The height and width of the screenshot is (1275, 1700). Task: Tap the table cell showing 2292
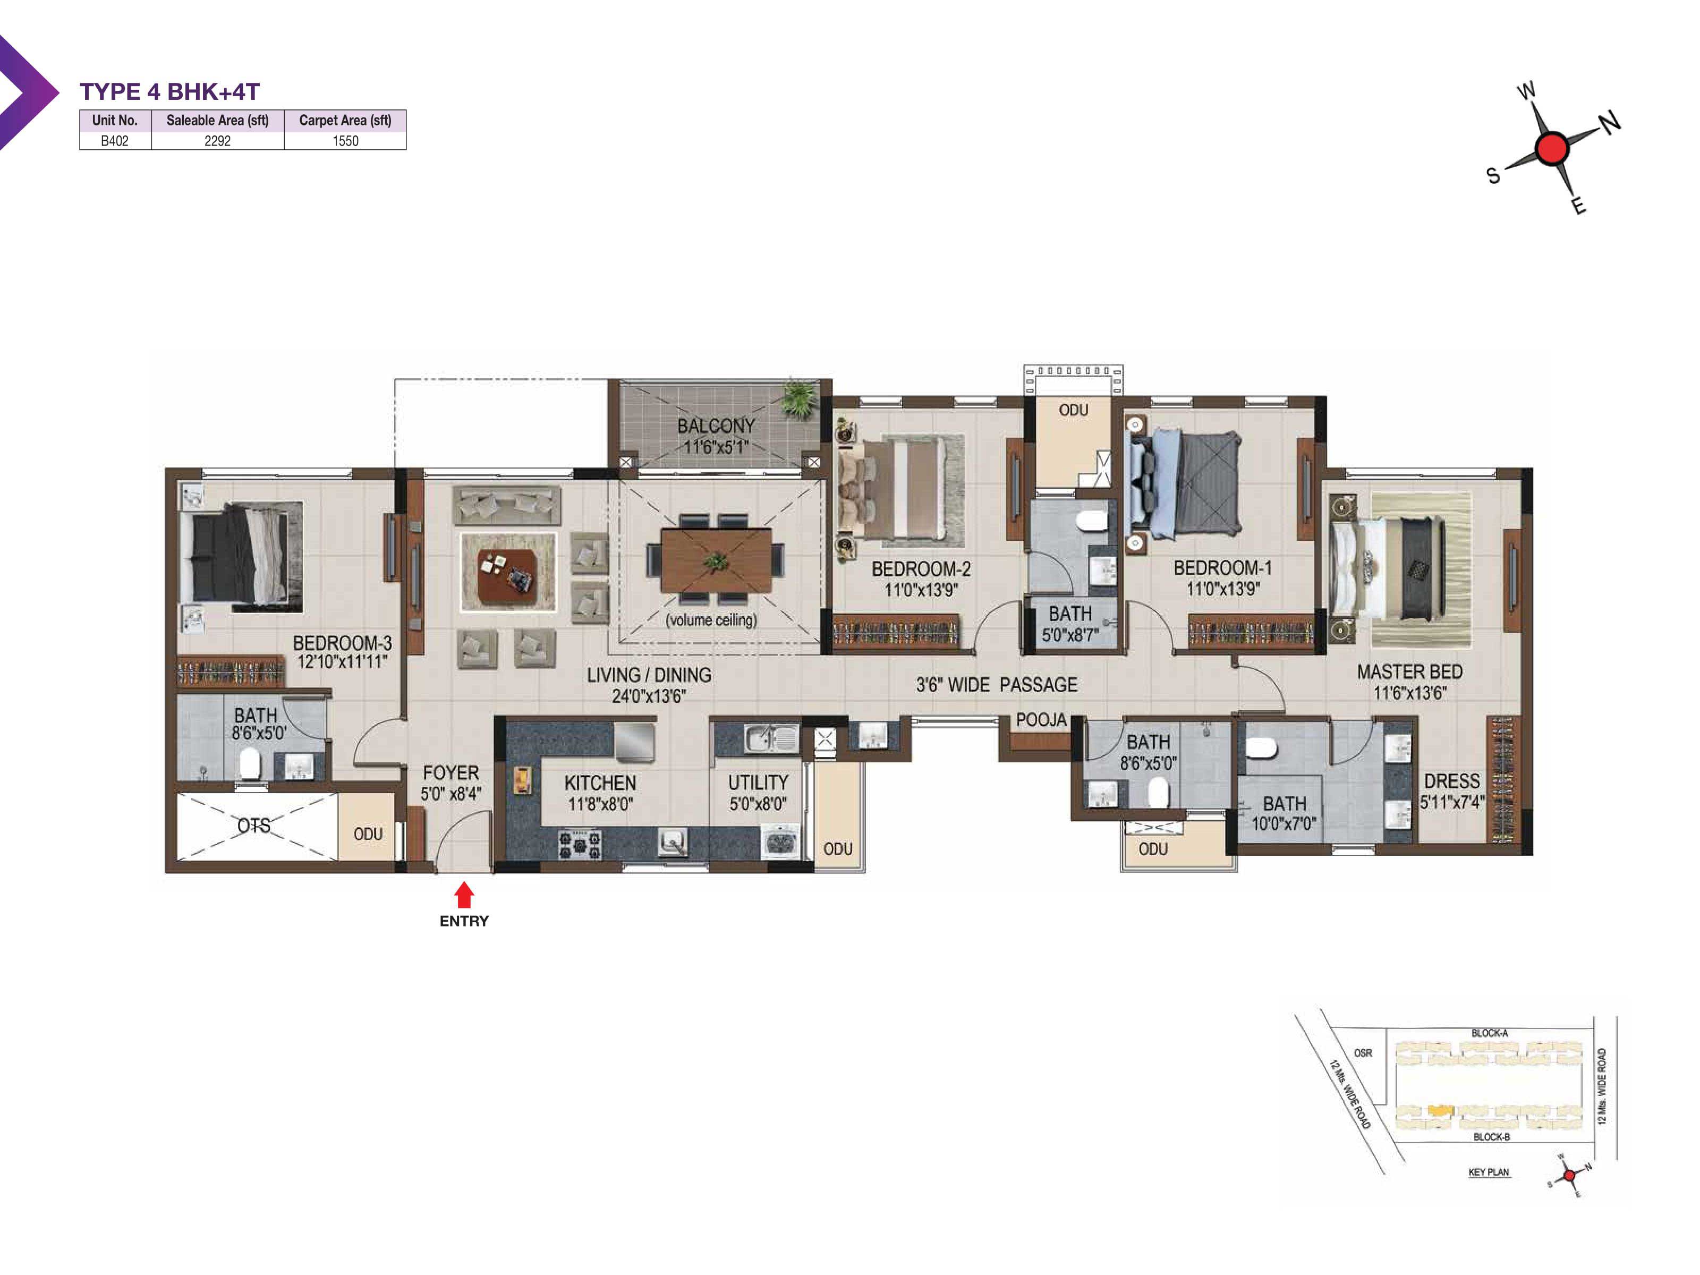(217, 141)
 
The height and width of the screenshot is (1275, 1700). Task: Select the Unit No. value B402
(115, 141)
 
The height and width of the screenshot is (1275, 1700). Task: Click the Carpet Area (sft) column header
(345, 120)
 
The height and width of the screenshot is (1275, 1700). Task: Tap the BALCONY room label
(716, 426)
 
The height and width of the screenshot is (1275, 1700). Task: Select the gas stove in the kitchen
(580, 844)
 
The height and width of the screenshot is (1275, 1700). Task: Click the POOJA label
(1041, 720)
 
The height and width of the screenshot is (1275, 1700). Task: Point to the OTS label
(253, 826)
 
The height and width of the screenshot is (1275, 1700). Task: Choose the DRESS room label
(1451, 781)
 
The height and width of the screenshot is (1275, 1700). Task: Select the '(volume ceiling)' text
(711, 620)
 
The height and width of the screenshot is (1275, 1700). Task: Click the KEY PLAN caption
(1489, 1172)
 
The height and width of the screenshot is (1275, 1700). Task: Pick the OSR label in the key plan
(1363, 1053)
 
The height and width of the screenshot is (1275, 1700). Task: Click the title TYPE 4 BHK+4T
(170, 91)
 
